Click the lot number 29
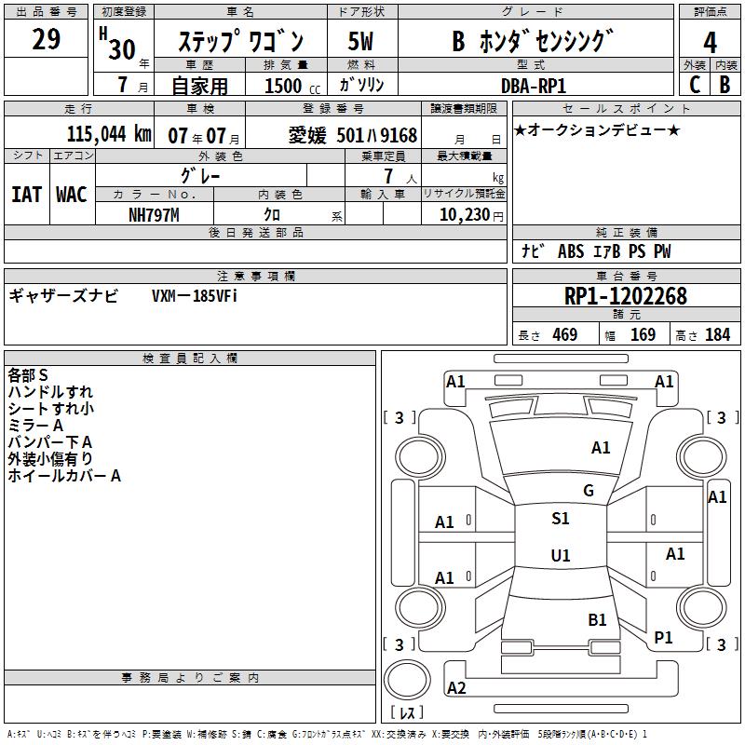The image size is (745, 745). click(46, 39)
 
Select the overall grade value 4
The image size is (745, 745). click(710, 42)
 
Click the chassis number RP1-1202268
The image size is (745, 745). click(625, 296)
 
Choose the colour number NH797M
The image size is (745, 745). click(154, 214)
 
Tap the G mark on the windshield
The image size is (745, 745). click(589, 491)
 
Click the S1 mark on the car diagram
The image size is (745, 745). click(560, 519)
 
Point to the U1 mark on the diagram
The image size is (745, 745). click(560, 556)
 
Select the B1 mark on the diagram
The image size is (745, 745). click(597, 619)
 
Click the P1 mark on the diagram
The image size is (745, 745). click(663, 637)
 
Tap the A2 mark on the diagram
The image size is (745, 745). click(456, 688)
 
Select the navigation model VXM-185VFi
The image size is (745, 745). click(195, 295)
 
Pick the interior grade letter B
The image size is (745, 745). click(725, 85)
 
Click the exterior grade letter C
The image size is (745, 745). click(694, 85)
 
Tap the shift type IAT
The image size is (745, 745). click(26, 194)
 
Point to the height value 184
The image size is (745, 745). click(717, 335)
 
